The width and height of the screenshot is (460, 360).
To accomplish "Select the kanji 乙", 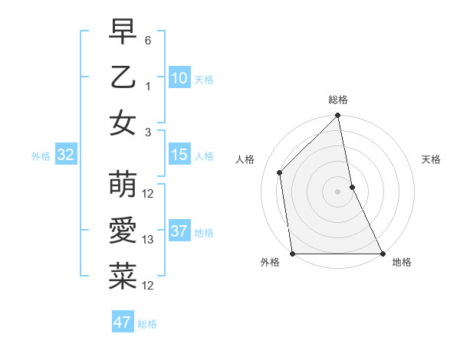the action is point(123,78).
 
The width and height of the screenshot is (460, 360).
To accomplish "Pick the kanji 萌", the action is point(123,184).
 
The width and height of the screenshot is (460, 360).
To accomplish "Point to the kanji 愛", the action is point(123,230).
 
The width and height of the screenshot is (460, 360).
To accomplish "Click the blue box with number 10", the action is point(179,77).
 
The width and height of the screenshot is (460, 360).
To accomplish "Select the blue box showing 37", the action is point(179,231).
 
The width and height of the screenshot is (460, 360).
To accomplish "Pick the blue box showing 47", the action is point(123,322).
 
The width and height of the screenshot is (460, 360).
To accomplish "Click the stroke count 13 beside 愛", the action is point(148,240).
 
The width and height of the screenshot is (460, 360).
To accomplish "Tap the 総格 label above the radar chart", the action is point(338,100).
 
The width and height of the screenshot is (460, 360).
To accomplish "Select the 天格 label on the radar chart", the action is point(432,159).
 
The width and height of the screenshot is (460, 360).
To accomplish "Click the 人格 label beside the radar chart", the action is point(245,159).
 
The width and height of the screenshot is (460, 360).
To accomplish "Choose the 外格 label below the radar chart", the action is point(270,262).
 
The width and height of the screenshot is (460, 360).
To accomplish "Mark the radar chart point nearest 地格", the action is point(383,254).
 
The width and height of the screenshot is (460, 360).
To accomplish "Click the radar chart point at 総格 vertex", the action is point(338,116).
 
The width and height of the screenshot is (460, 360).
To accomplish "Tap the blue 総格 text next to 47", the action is point(147,324).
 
